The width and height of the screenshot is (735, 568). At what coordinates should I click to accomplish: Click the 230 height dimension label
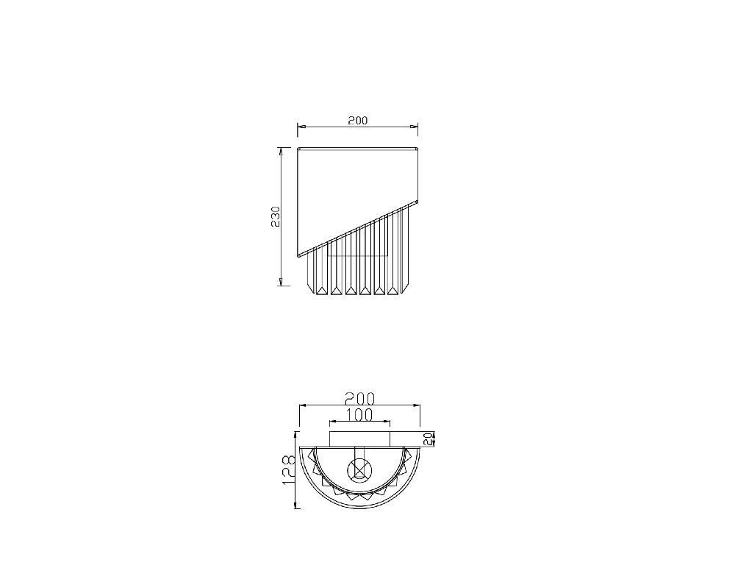(x=276, y=216)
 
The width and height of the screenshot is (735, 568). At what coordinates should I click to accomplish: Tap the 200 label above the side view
(x=358, y=120)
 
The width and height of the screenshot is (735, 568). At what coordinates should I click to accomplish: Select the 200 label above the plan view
(x=360, y=399)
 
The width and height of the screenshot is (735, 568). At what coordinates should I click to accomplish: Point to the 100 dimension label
(x=360, y=414)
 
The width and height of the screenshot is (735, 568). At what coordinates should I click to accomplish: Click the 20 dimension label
(x=427, y=439)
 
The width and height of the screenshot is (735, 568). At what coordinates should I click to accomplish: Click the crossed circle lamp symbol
(x=359, y=469)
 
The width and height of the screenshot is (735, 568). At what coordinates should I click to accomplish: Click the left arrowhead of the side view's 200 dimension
(x=301, y=127)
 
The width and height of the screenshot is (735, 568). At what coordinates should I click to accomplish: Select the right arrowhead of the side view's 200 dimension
(x=414, y=127)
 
